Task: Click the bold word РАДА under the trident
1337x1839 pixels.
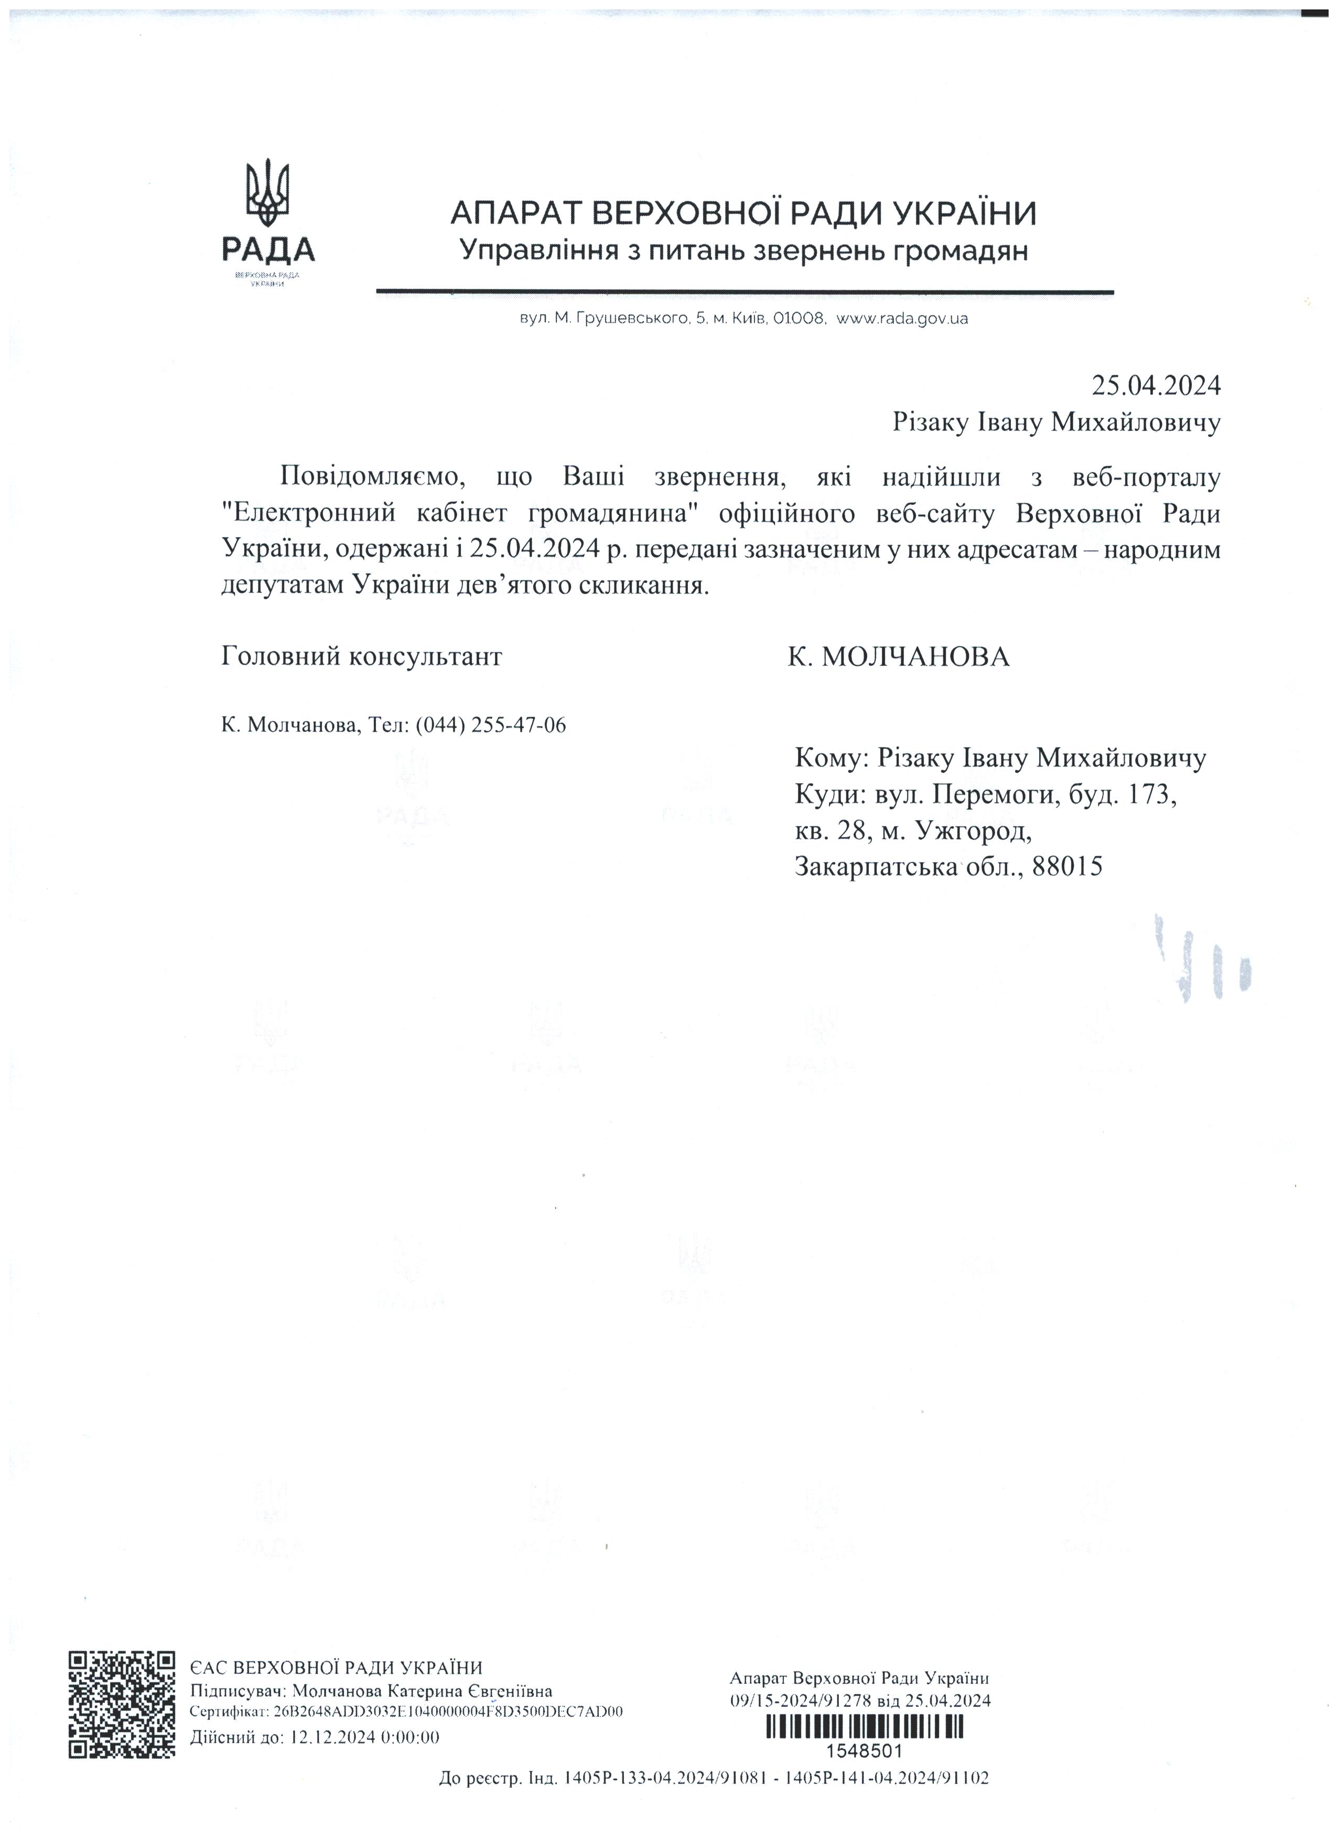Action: click(x=268, y=249)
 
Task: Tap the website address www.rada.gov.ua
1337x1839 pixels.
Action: click(x=902, y=319)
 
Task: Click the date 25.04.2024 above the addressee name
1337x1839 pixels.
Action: click(x=1156, y=385)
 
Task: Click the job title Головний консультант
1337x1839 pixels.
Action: click(x=362, y=656)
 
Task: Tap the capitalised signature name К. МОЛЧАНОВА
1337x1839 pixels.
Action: click(x=898, y=656)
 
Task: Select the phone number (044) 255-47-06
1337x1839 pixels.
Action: click(x=491, y=725)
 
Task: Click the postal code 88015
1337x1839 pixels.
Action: click(x=1069, y=867)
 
